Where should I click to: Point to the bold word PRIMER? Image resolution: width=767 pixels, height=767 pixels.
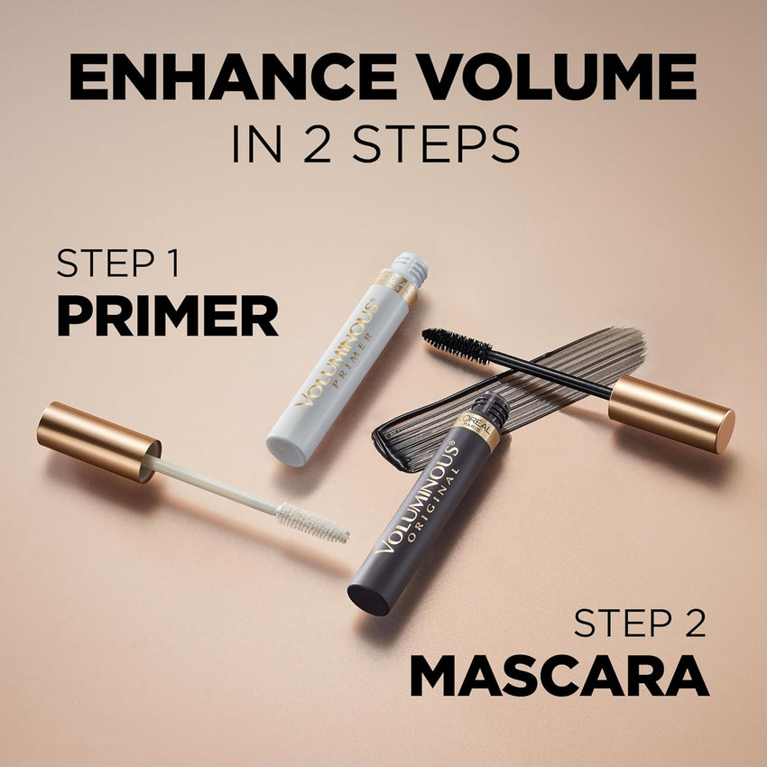point(167,315)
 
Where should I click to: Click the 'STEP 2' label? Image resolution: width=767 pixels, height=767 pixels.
point(640,624)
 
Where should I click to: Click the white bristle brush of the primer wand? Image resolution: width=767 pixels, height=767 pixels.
point(312,523)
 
